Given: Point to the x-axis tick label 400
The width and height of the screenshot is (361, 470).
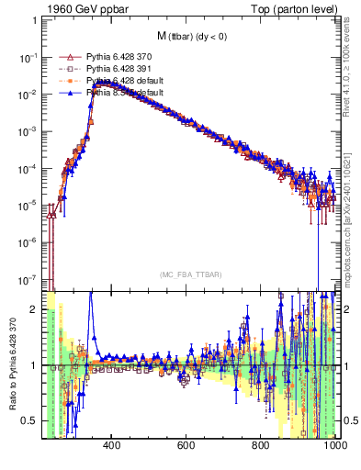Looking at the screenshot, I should [x=112, y=445].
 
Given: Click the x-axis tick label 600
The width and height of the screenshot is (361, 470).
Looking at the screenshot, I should [x=186, y=445].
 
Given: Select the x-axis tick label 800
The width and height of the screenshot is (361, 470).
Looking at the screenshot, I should [x=261, y=445].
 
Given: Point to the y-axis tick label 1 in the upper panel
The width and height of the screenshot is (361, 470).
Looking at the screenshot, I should [x=33, y=21].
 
